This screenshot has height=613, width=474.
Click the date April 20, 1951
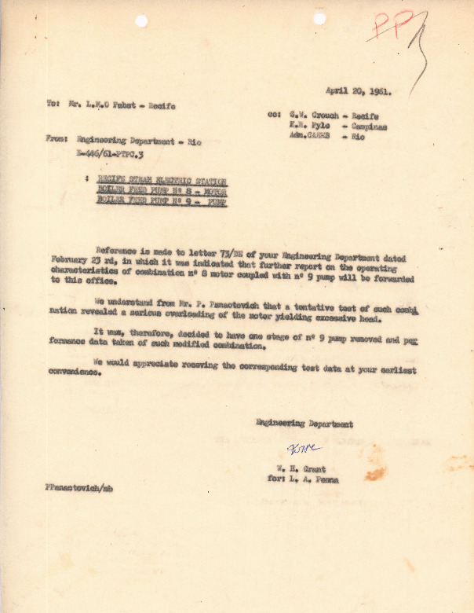point(358,91)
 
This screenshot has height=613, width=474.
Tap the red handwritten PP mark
point(392,28)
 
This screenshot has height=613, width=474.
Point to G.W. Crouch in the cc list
point(308,115)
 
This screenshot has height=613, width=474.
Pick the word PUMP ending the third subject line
point(216,200)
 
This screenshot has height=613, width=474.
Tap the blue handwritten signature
point(302,449)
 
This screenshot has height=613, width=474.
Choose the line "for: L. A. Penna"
point(303,479)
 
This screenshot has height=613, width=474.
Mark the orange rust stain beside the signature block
point(375,472)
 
